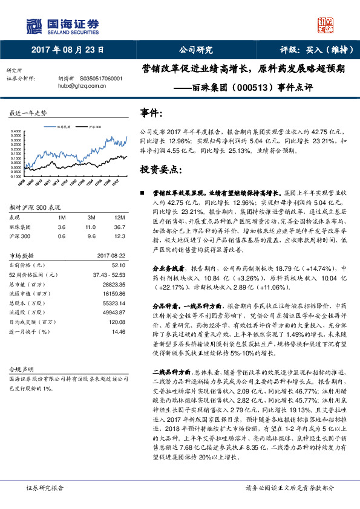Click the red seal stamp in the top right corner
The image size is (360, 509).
click(326, 24)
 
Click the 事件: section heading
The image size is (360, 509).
click(151, 113)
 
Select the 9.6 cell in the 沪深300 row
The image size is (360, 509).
click(91, 236)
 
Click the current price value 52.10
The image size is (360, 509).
click(119, 264)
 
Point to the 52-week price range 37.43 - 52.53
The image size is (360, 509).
click(106, 273)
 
